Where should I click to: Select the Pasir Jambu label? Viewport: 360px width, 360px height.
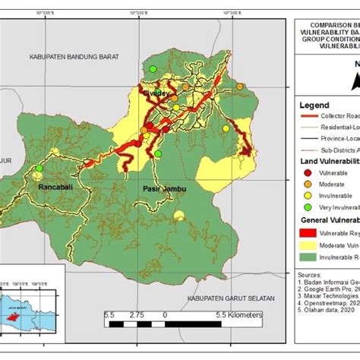pos(159,187)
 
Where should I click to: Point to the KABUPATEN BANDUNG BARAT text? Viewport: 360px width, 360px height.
pos(77,56)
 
